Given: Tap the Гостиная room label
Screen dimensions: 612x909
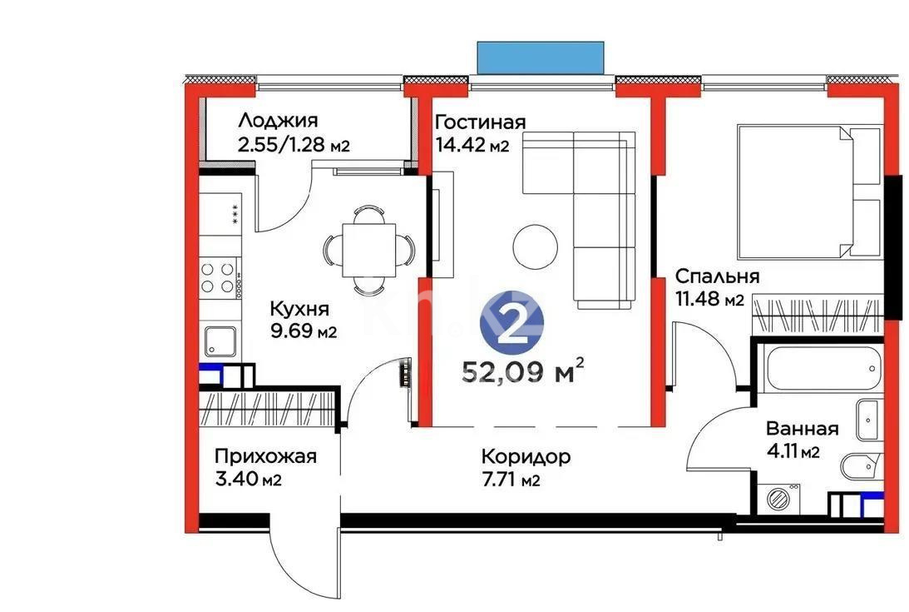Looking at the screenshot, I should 481,122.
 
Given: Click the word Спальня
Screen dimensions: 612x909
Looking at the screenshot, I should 717,276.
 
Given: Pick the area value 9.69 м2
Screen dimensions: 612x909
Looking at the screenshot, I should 303,332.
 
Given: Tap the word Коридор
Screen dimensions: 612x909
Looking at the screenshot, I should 526,456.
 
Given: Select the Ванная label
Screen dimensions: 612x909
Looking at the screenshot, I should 802,430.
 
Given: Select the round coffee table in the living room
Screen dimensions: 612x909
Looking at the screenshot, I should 535,245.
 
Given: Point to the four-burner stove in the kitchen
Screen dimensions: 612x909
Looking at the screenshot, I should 218,276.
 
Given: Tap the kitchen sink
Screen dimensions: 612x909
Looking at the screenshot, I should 220,341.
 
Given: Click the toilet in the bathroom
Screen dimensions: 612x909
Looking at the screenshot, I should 857,466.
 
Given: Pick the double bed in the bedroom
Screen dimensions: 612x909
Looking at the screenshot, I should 808,191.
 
